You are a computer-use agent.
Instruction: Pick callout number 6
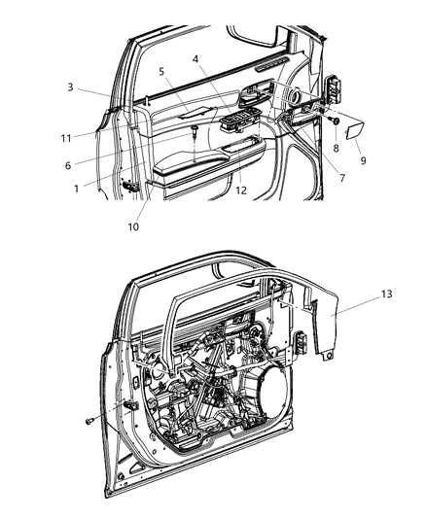click(68, 165)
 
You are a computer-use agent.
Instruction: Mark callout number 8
click(337, 148)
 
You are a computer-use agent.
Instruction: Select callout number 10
click(133, 227)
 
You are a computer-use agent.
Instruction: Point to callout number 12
click(238, 191)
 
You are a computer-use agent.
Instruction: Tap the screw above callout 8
click(335, 121)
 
